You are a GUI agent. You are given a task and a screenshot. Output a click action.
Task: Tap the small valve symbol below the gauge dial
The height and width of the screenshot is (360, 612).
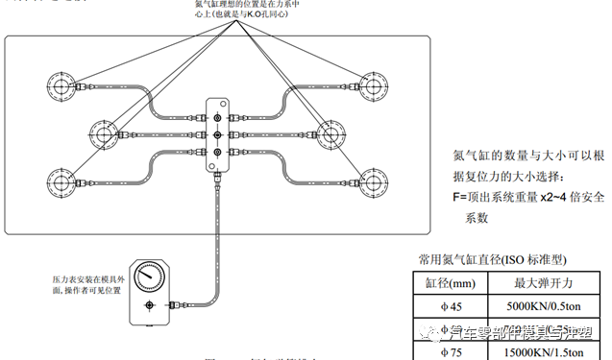click(149, 304)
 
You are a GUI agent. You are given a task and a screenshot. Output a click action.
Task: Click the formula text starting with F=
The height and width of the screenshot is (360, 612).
click(528, 197)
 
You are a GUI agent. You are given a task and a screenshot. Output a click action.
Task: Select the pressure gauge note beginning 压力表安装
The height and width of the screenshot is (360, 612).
click(86, 284)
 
